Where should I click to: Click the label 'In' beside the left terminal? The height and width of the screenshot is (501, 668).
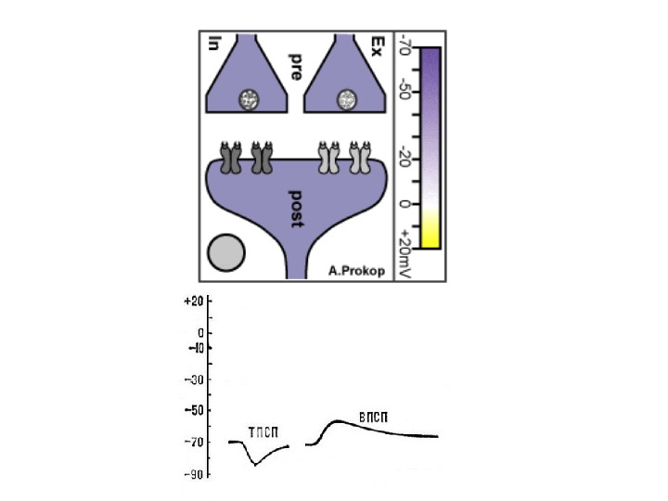coord(214,44)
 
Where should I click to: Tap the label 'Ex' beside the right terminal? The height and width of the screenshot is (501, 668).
coord(378,46)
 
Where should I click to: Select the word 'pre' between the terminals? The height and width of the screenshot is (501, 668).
coord(296,67)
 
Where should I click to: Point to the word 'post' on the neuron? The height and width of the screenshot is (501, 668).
coord(297,209)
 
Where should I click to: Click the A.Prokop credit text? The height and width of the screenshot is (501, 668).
coord(356,271)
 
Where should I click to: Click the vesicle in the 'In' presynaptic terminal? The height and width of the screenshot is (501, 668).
coord(249,99)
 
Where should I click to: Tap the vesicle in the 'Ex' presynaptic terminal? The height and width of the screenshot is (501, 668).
coord(347,99)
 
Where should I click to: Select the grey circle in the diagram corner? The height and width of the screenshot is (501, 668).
coord(226,252)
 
